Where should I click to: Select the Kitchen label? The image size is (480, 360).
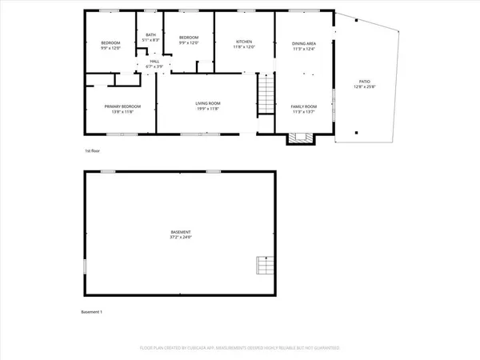pos(244,42)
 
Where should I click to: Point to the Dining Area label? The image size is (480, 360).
pos(302,44)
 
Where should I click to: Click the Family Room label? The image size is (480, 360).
pos(302,106)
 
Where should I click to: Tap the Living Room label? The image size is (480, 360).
pos(208,103)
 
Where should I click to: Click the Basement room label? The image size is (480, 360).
pos(180,232)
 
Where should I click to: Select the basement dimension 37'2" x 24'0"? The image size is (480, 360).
pos(180,238)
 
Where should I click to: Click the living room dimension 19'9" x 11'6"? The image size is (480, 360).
pos(208,109)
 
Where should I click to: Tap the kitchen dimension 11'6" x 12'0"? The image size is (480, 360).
pos(244,48)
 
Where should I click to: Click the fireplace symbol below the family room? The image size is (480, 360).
pos(301,138)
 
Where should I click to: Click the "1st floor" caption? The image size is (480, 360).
pos(93,150)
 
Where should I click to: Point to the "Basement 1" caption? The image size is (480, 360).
pos(94,311)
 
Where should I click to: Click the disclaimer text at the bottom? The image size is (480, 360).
pos(240,348)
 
